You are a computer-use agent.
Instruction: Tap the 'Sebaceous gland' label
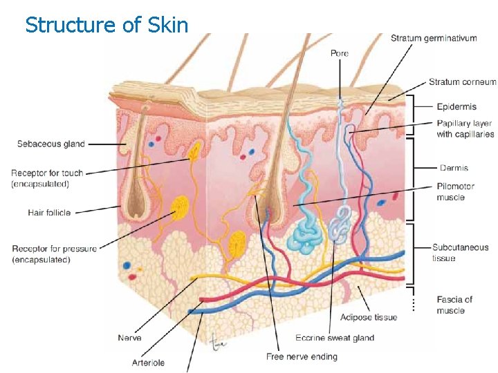[51, 144]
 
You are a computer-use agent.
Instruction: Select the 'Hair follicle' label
[49, 213]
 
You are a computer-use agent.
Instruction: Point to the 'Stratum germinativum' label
[434, 39]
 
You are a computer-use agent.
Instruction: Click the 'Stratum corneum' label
[462, 82]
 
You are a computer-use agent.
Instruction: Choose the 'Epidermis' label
[456, 107]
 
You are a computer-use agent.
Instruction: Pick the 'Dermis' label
[454, 168]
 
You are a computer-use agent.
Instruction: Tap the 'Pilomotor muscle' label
[456, 192]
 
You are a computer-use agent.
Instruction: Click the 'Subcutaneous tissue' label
[460, 253]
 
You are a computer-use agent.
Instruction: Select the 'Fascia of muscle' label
[454, 305]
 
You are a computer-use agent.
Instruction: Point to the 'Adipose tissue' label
[369, 317]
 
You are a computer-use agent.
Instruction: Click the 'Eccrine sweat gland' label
[334, 338]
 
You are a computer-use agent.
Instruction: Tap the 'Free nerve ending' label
[302, 356]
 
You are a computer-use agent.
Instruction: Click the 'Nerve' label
[129, 338]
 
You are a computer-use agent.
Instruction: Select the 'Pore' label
[340, 53]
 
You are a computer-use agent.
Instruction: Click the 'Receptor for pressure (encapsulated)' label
[54, 254]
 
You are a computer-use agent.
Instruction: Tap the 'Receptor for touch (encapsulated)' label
[47, 178]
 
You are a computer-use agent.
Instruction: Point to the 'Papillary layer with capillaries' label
[465, 129]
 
